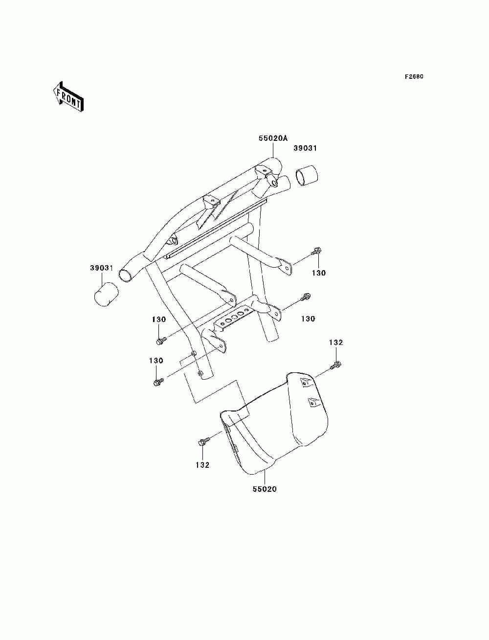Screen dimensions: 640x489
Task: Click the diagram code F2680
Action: pyautogui.click(x=414, y=77)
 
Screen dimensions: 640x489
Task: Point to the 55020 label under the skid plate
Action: pyautogui.click(x=265, y=489)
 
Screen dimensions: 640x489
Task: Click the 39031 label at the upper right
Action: pyautogui.click(x=305, y=148)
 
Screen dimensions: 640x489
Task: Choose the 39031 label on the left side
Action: pyautogui.click(x=102, y=268)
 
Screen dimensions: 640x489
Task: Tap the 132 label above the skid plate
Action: pyautogui.click(x=336, y=343)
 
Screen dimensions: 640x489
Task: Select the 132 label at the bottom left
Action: pyautogui.click(x=202, y=465)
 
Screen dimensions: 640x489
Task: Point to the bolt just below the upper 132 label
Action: pyautogui.click(x=336, y=365)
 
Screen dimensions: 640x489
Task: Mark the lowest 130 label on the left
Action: pyautogui.click(x=156, y=361)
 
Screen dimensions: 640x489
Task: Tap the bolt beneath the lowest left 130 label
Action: pyautogui.click(x=157, y=382)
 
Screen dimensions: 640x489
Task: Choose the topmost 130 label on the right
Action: pyautogui.click(x=318, y=273)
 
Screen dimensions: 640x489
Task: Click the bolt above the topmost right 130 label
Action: pyautogui.click(x=316, y=251)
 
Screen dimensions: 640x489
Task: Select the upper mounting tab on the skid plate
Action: pyautogui.click(x=304, y=382)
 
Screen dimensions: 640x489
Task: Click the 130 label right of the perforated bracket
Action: pyautogui.click(x=308, y=319)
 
